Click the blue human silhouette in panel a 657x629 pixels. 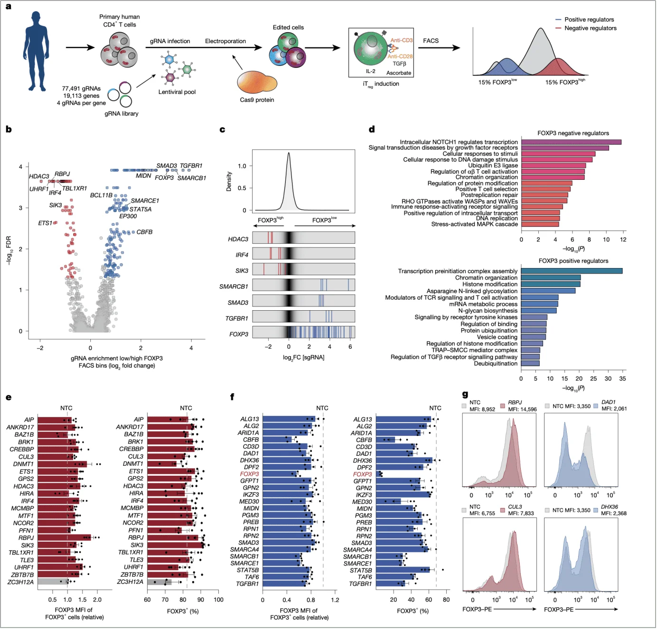coord(36,52)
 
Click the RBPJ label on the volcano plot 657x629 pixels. coord(62,174)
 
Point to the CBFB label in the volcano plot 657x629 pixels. coord(144,232)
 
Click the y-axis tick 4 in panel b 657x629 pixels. coord(20,166)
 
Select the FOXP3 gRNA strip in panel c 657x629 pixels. coord(303,332)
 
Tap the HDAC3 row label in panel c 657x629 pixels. coord(238,239)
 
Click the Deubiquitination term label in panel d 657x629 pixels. coord(495,363)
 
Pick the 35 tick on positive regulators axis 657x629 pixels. coord(622,379)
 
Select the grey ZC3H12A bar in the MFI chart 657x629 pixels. coord(52,582)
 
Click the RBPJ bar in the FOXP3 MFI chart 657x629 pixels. coord(64,537)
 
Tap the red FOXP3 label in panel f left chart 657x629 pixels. coord(249,474)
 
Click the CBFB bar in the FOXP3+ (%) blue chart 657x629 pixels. coord(385,440)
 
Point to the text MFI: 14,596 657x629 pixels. coord(522,409)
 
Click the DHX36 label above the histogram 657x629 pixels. coord(609,507)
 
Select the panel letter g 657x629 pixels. coord(465,394)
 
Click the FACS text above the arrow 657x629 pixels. coord(431,41)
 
